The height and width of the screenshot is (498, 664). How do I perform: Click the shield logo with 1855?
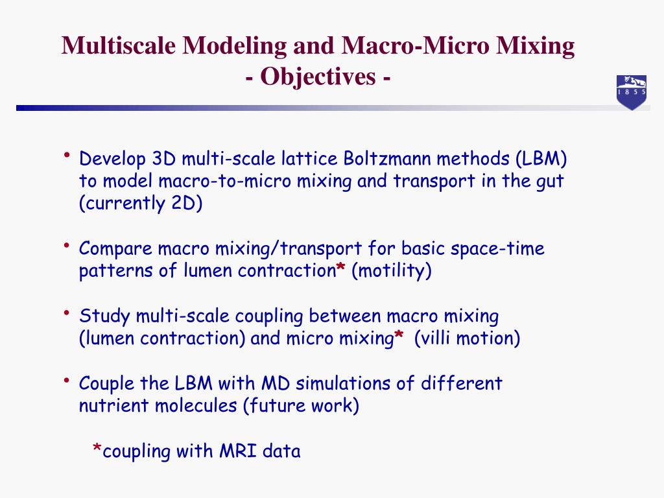tap(632, 92)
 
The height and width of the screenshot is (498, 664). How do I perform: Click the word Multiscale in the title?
tap(119, 46)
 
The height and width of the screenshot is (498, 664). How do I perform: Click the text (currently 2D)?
tap(141, 203)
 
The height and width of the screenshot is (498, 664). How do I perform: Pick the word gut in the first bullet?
tap(551, 182)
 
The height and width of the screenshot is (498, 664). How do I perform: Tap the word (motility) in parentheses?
tap(392, 270)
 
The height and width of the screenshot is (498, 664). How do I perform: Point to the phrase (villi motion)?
tap(467, 338)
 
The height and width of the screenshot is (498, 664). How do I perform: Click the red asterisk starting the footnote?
tap(97, 449)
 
